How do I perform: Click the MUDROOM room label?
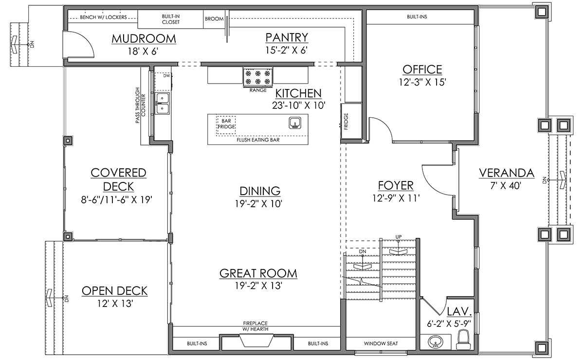pyautogui.click(x=144, y=38)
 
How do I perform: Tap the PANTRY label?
pyautogui.click(x=287, y=37)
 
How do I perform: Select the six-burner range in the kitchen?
pyautogui.click(x=258, y=76)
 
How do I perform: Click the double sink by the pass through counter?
pyautogui.click(x=162, y=103)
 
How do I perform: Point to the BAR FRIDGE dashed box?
pyautogui.click(x=226, y=126)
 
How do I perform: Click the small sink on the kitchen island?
pyautogui.click(x=295, y=123)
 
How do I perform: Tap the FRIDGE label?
pyautogui.click(x=346, y=121)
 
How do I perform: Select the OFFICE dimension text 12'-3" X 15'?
pyautogui.click(x=422, y=82)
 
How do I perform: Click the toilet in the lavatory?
pyautogui.click(x=463, y=340)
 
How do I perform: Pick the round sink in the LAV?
pyautogui.click(x=435, y=342)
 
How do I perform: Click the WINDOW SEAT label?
pyautogui.click(x=381, y=343)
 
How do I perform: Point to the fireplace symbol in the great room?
pyautogui.click(x=256, y=341)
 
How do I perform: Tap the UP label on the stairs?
pyautogui.click(x=399, y=237)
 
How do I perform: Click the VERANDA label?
pyautogui.click(x=507, y=173)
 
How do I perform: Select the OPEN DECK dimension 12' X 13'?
pyautogui.click(x=115, y=304)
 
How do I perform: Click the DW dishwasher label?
pyautogui.click(x=166, y=75)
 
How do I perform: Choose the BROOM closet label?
pyautogui.click(x=214, y=19)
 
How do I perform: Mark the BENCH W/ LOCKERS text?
pyautogui.click(x=103, y=17)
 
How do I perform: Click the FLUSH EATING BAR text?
pyautogui.click(x=258, y=140)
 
